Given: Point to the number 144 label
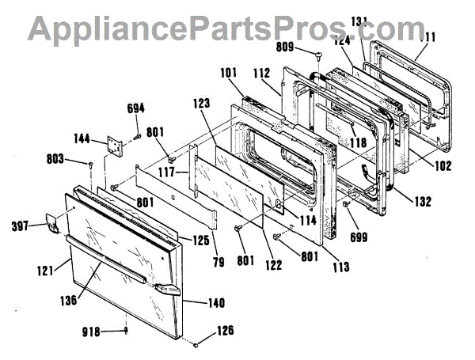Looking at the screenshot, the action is [82, 137].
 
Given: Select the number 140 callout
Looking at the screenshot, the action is [215, 303].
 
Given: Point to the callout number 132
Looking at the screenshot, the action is [421, 203].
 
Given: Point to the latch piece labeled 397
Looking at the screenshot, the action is [52, 225].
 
